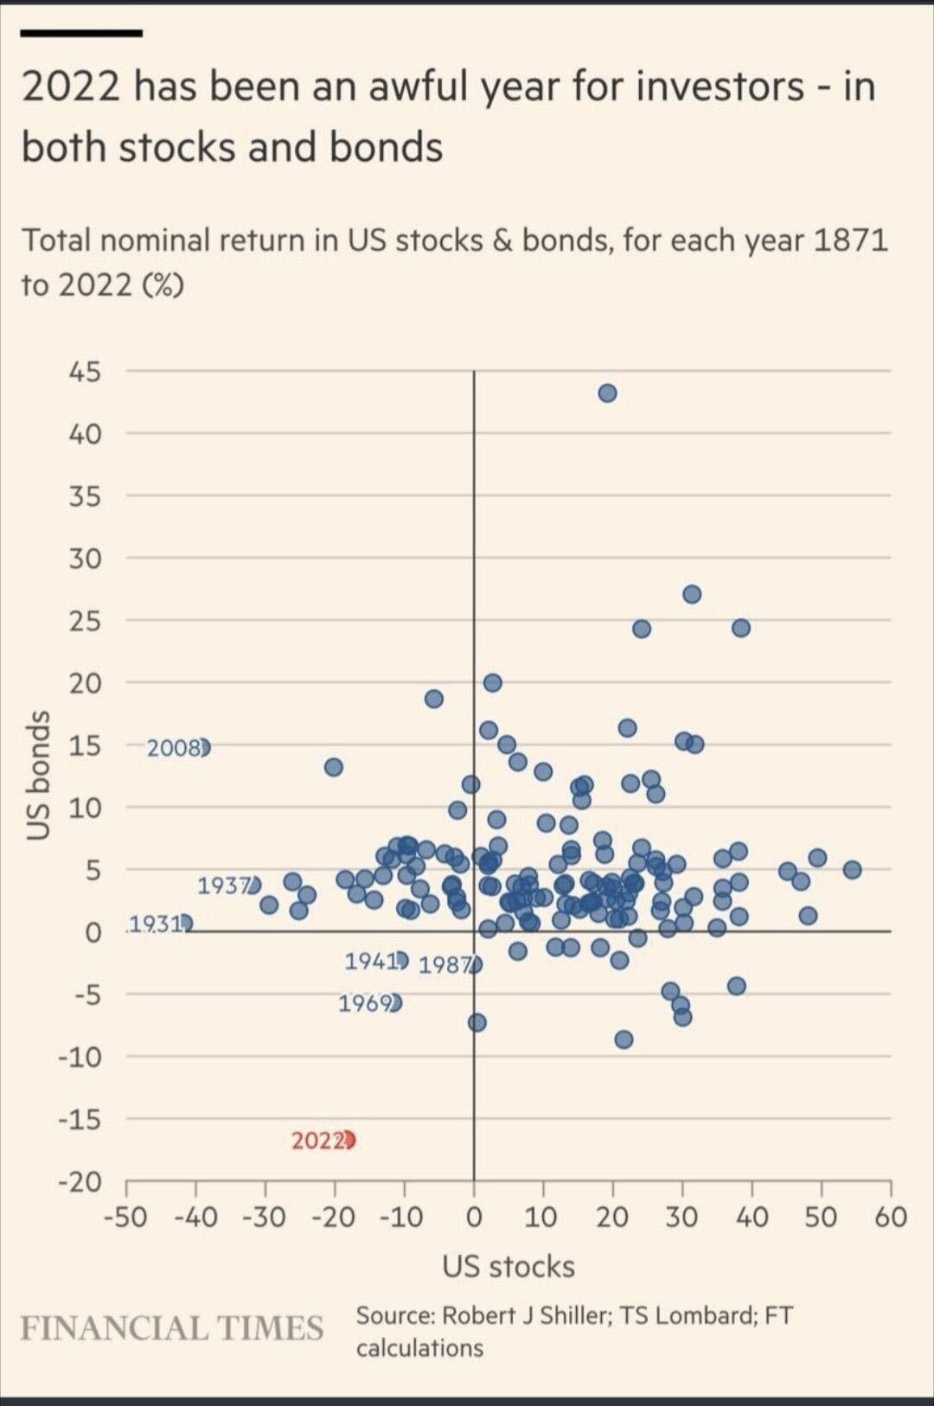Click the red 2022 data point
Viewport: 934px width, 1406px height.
[349, 1141]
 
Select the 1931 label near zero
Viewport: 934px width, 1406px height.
[156, 924]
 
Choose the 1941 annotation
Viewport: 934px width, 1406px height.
[370, 961]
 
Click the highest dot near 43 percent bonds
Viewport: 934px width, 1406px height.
[607, 393]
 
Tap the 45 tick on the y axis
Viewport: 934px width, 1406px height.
[85, 372]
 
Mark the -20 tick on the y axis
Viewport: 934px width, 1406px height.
[80, 1181]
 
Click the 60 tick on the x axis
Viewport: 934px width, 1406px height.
[890, 1217]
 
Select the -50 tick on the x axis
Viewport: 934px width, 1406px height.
[125, 1217]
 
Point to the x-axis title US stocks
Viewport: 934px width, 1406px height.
[509, 1266]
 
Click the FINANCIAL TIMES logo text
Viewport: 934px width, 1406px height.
[172, 1328]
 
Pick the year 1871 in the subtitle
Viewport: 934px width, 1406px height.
[851, 240]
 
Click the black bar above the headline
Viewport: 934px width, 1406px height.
[81, 33]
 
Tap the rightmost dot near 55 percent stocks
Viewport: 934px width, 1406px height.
[852, 869]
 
